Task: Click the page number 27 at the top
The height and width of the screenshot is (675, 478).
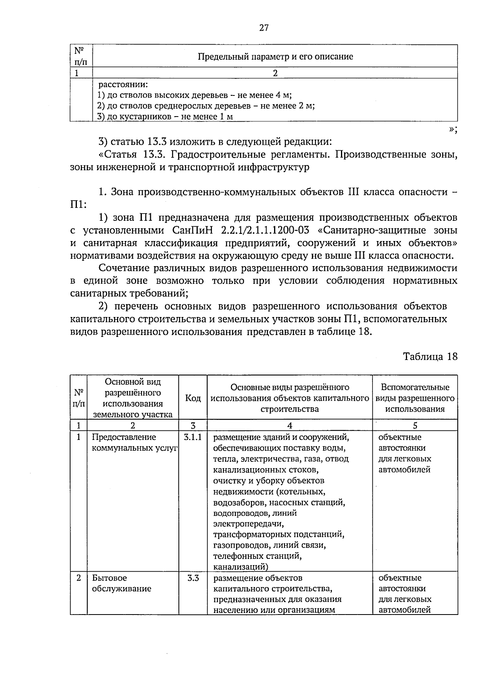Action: coord(264,27)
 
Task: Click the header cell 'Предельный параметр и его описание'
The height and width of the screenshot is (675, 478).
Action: coord(275,56)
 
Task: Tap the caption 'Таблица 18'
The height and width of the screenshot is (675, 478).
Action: coord(430,356)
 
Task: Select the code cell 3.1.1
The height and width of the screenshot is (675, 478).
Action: coord(193,438)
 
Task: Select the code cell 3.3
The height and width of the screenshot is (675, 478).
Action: coord(193,578)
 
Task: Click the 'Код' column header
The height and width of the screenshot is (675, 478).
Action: coord(193,398)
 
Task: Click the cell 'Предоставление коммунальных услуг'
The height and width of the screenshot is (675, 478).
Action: coord(134,443)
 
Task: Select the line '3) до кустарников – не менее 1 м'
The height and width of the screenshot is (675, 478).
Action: coord(165,117)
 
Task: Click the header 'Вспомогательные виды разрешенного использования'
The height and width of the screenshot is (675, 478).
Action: coord(415,398)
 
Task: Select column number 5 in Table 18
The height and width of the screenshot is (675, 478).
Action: coord(415,426)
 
